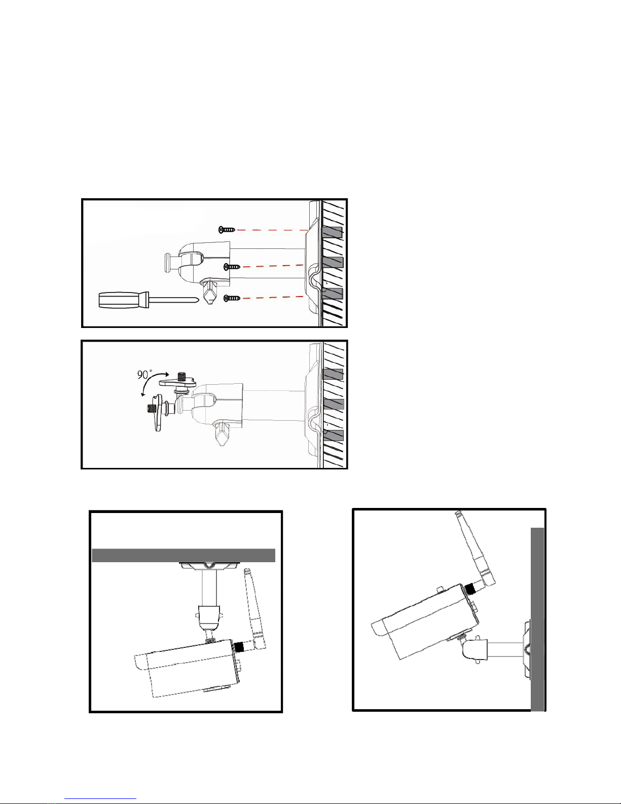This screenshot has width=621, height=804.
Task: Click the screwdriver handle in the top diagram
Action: [122, 299]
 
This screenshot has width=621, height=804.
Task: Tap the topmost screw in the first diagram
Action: [227, 230]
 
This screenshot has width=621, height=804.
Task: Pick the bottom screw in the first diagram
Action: [232, 298]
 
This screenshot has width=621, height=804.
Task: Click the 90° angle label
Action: [144, 375]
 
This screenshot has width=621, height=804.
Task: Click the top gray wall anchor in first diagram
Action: [333, 232]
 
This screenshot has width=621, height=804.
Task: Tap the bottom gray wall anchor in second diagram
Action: [333, 435]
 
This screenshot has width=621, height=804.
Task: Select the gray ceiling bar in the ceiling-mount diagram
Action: [184, 555]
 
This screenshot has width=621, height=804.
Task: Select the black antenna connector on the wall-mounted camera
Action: [470, 589]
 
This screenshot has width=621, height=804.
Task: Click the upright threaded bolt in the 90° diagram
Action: [181, 377]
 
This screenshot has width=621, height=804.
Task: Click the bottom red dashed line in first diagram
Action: [273, 297]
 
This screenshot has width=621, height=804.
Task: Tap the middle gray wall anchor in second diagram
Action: [333, 404]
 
